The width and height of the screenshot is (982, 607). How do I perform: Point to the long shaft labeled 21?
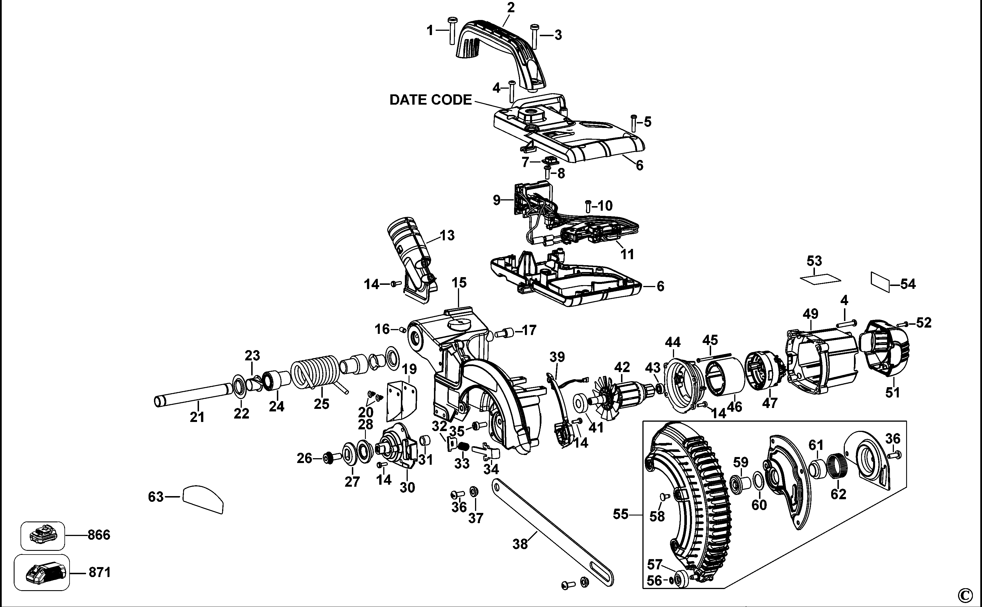(x=193, y=395)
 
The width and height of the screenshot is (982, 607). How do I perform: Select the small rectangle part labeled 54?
(x=880, y=282)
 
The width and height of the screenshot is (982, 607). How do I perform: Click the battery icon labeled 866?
(x=42, y=535)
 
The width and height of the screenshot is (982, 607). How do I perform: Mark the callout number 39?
(x=557, y=356)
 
